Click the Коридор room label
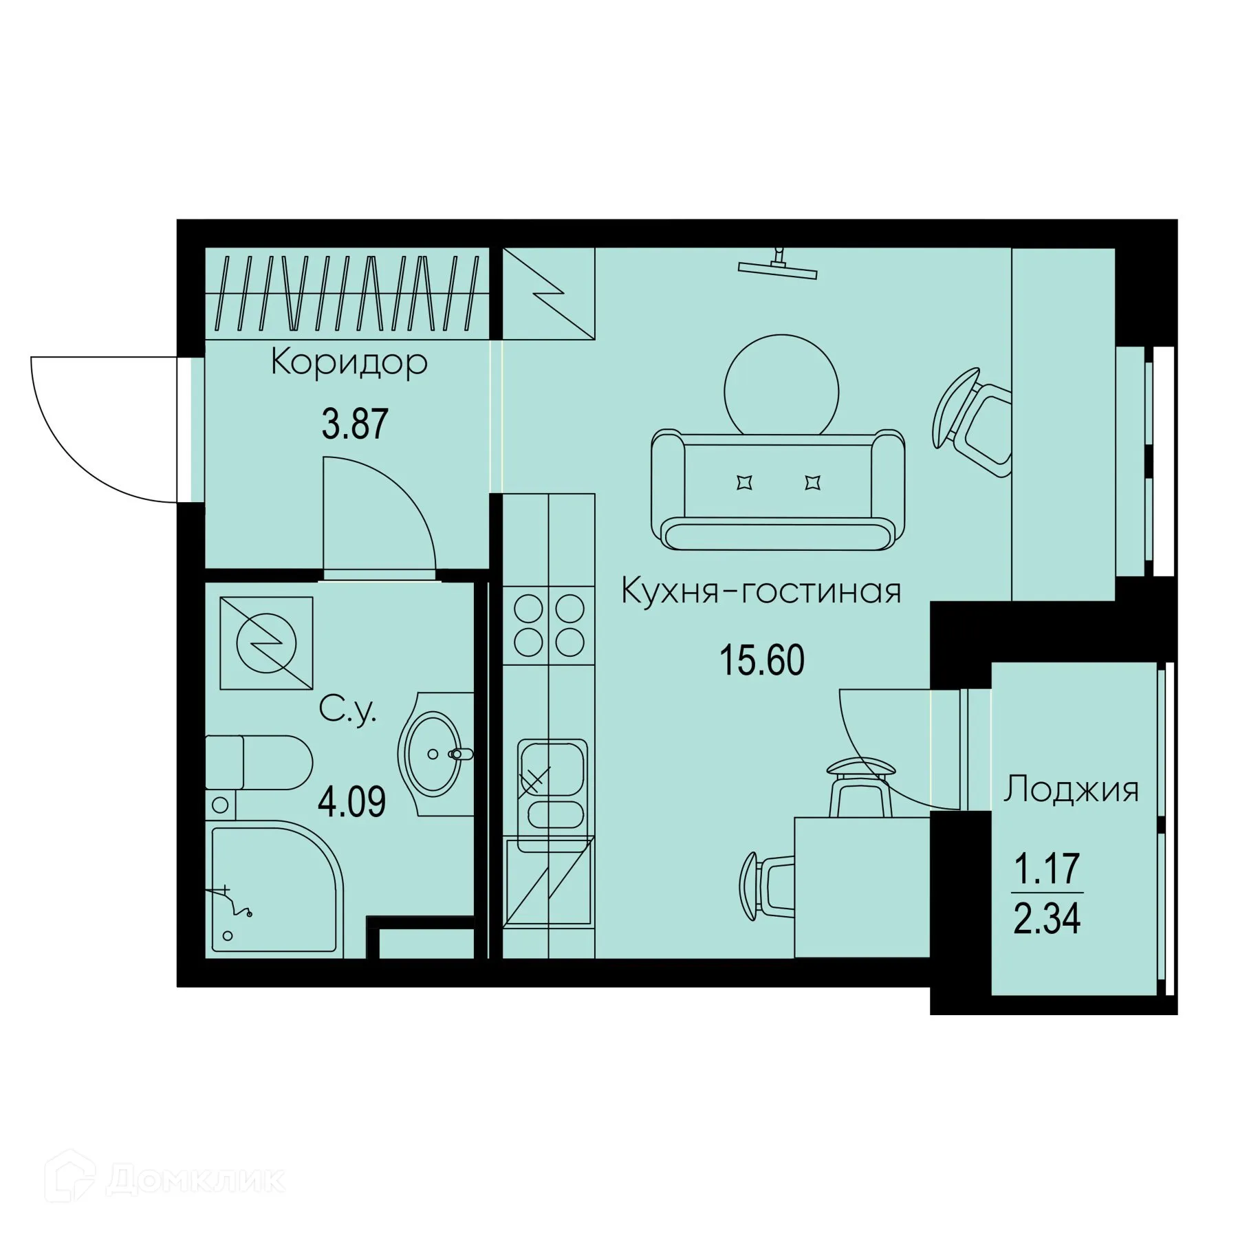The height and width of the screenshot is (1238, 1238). [x=349, y=362]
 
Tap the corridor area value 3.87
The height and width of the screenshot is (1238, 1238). [x=355, y=424]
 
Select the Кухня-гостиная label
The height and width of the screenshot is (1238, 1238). [x=761, y=591]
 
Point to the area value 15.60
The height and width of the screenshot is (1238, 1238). [x=761, y=660]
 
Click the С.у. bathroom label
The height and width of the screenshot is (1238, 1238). [x=348, y=709]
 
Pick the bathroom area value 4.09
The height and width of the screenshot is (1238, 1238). [x=351, y=801]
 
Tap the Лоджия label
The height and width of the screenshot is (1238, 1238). [x=1071, y=790]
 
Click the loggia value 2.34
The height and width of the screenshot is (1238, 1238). [x=1047, y=919]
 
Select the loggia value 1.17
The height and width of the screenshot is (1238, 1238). [x=1047, y=869]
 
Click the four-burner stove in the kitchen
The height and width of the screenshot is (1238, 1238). [x=549, y=625]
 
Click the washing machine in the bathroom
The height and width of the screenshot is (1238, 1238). [x=265, y=643]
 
